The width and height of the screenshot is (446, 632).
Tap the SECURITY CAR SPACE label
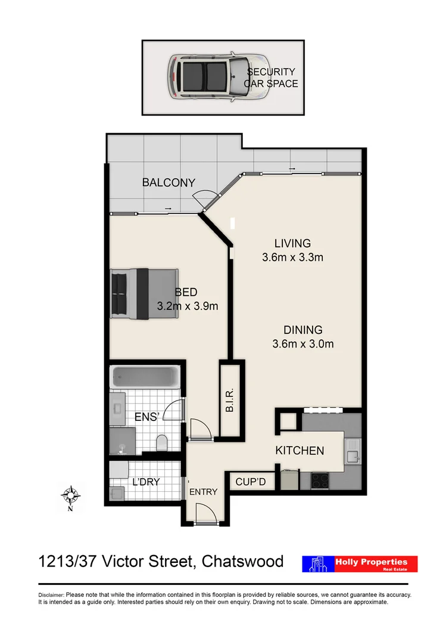[272, 78]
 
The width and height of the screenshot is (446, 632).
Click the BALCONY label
[169, 182]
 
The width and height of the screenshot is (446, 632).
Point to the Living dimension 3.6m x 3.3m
[292, 258]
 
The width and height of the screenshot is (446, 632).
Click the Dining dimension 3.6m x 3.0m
[302, 343]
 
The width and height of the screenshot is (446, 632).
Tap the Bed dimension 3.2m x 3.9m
[187, 306]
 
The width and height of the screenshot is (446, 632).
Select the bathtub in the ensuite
[145, 377]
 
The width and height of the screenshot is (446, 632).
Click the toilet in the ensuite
[161, 442]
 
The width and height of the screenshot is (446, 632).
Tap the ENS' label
[146, 417]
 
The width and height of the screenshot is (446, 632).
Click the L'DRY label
[145, 482]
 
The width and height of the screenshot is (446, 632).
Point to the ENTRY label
[203, 492]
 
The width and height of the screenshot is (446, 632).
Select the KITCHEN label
[300, 451]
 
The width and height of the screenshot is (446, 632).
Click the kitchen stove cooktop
[320, 480]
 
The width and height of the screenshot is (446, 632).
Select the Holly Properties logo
[360, 564]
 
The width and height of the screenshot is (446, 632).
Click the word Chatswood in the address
[242, 561]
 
